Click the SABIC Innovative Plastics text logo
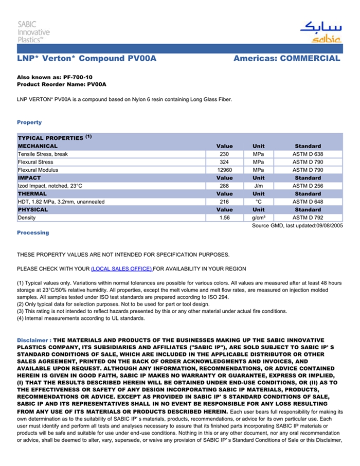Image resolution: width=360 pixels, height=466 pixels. coord(33,32)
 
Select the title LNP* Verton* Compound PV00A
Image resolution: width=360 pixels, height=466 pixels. coord(86,59)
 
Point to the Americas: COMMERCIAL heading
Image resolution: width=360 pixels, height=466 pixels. coord(286,59)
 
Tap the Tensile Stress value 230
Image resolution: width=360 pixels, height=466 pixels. coord(224,154)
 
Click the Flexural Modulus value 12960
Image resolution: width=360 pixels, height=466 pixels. coord(224,170)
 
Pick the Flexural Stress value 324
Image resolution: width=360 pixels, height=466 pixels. coord(224,162)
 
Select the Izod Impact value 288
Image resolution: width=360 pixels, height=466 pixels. coord(224,186)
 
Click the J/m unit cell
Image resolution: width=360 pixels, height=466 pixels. coord(258,186)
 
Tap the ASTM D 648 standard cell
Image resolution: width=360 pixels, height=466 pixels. coord(308,202)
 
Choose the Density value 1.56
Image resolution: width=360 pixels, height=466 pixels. coord(224,218)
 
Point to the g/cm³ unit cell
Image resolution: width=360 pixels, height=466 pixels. coord(258,218)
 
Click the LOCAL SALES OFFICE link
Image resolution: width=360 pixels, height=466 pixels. coord(121,269)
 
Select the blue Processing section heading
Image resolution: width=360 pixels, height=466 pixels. coord(33,233)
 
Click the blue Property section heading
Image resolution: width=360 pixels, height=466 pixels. coord(29,122)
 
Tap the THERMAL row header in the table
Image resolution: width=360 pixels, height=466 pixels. coord(32,194)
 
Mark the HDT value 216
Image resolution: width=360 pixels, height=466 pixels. coord(224,202)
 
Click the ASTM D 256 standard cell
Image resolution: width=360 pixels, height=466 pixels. coord(308,186)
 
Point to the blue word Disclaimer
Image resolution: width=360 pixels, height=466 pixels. coord(33,340)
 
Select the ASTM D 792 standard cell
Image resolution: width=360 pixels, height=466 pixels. coord(308,218)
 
